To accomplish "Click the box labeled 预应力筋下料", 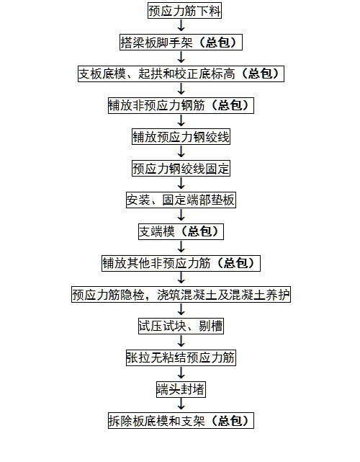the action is click(x=184, y=11).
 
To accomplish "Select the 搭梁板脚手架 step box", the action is click(x=181, y=42).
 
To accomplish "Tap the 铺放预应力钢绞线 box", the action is click(x=181, y=137).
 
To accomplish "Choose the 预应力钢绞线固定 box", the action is click(x=181, y=168).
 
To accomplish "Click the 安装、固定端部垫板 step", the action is click(x=181, y=200).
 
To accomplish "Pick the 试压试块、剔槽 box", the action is click(x=181, y=326).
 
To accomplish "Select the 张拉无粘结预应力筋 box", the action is click(x=181, y=357).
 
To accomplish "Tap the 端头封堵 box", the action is click(x=181, y=389).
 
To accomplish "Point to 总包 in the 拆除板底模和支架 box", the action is click(x=230, y=421).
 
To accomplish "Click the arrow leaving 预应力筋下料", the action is click(x=181, y=25).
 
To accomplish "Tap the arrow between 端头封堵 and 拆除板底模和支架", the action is click(x=181, y=404).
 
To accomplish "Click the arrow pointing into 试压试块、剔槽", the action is click(x=181, y=309).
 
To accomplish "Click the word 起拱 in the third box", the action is click(x=150, y=74).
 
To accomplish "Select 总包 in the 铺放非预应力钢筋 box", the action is click(x=230, y=105).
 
